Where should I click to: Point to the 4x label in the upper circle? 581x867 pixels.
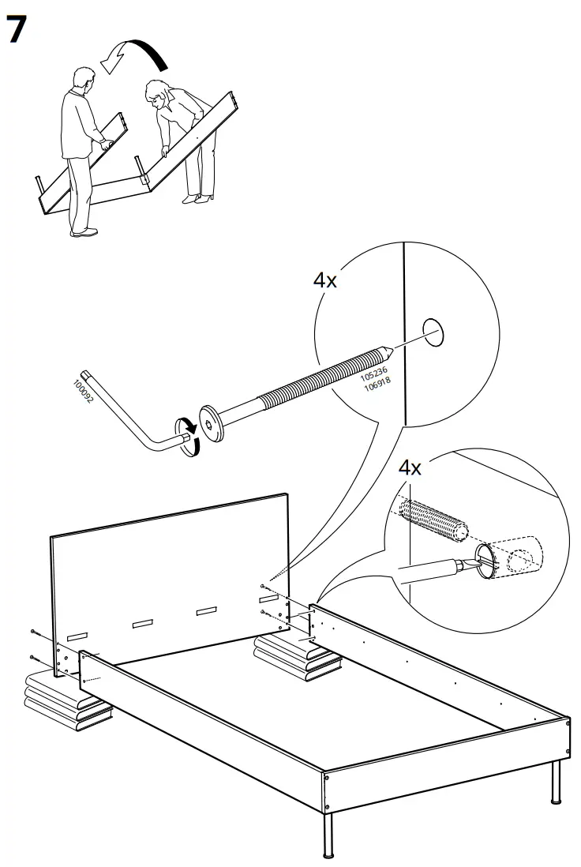pos(324,280)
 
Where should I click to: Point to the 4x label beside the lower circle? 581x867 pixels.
pos(410,467)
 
